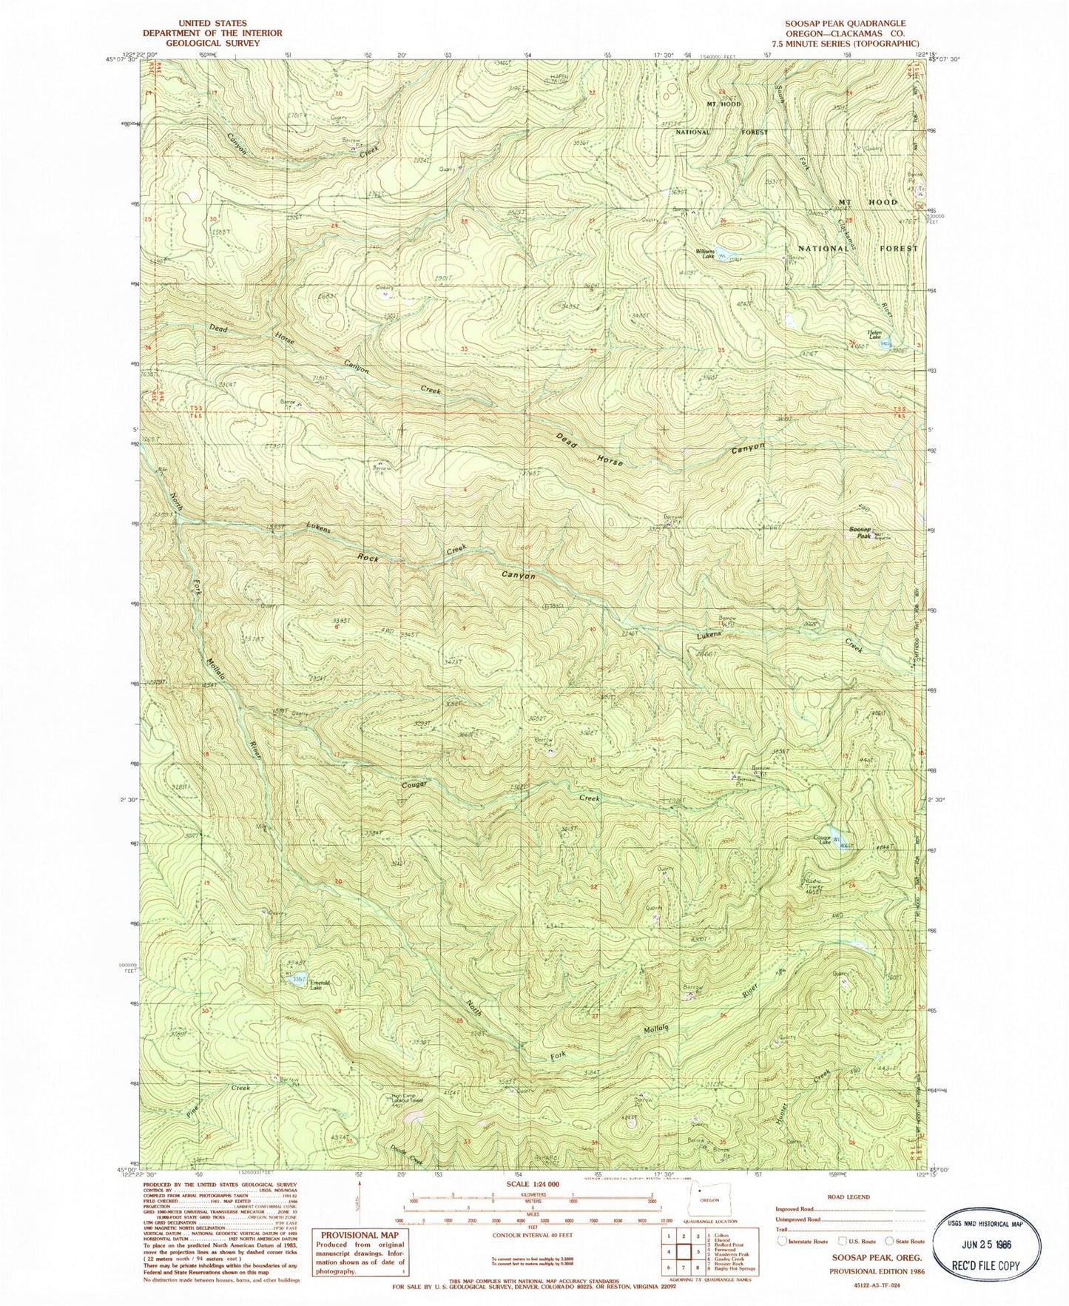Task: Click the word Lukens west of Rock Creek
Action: point(321,530)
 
